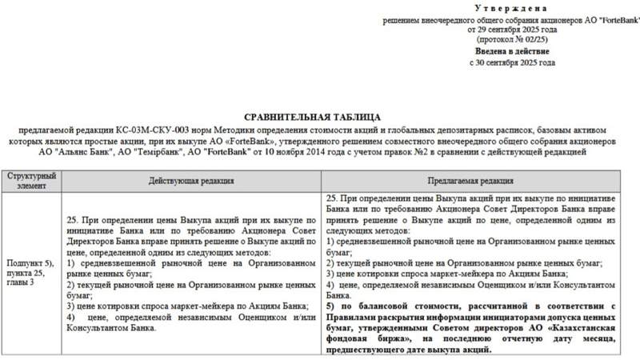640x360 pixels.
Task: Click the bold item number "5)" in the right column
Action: point(332,306)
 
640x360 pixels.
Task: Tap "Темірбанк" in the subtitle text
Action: point(140,150)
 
